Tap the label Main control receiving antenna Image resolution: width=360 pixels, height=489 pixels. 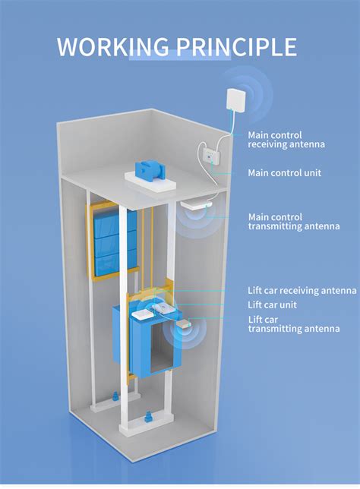(286, 140)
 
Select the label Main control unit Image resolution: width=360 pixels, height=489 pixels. (284, 173)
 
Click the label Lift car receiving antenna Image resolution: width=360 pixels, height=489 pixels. (302, 290)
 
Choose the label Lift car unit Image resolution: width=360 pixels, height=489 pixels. (272, 304)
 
